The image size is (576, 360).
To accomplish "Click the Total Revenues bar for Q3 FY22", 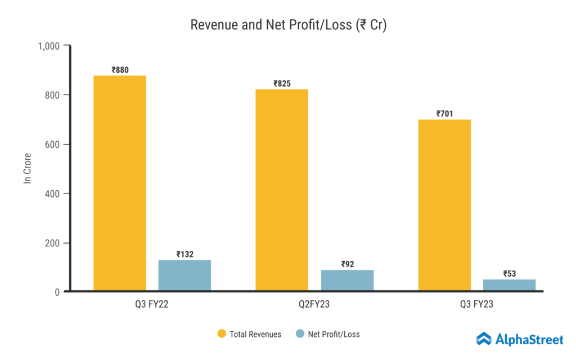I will point(120,183).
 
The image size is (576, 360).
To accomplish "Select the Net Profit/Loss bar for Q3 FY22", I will point(184,275).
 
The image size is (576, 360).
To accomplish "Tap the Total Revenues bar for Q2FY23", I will point(282,190).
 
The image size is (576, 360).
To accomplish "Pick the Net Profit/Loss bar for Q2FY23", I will point(347,280).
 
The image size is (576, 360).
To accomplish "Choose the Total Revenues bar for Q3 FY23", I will point(444,205).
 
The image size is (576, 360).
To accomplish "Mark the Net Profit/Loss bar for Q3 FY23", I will point(509,285).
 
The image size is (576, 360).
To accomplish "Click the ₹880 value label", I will point(120,70).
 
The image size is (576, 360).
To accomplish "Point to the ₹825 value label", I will point(282,84).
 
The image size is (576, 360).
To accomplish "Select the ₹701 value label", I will point(444,114).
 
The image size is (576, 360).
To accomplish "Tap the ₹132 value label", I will point(184,254).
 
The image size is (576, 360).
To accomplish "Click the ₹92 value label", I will point(347,264).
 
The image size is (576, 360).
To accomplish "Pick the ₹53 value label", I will point(509,274).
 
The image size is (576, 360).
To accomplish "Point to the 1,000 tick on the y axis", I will point(49,46).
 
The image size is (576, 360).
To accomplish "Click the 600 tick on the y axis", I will point(53,145).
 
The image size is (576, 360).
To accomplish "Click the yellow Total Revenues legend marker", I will point(222,334).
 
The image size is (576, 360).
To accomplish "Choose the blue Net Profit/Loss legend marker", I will point(300,334).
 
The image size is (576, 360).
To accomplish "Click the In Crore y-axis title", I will point(27,168).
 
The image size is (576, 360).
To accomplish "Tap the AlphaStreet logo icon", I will point(484,339).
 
